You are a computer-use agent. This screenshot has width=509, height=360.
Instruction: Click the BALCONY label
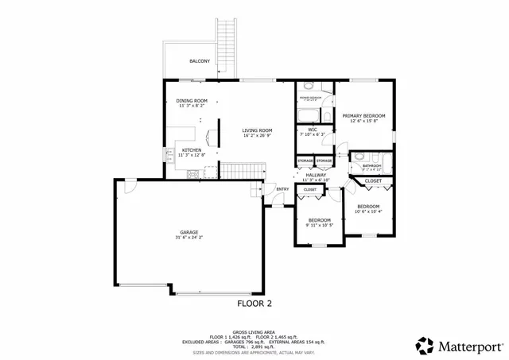tap(200, 61)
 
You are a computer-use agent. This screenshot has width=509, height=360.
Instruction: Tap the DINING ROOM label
tap(192, 101)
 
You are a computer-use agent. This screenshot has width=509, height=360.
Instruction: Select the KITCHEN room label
tap(191, 149)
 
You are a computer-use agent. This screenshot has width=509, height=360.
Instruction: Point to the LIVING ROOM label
tap(258, 130)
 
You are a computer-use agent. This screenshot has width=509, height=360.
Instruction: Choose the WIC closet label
tap(313, 129)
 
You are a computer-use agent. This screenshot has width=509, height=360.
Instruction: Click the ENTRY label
tap(282, 188)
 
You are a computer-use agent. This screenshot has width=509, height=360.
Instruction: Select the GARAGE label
tap(188, 232)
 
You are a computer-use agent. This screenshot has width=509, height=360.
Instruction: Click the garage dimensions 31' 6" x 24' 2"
tap(188, 238)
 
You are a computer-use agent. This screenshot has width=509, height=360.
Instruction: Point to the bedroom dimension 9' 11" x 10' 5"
tap(319, 225)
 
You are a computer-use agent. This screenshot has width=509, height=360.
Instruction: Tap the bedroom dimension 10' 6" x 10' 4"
tap(368, 211)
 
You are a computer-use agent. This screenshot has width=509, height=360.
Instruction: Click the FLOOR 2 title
tap(254, 303)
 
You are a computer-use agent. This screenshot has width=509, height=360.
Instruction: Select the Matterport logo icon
tap(425, 346)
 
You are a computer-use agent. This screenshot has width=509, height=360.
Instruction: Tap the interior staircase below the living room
tap(241, 170)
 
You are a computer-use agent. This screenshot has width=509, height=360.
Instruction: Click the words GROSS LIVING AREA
tap(254, 332)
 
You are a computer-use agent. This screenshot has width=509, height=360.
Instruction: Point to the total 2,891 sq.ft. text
tap(254, 346)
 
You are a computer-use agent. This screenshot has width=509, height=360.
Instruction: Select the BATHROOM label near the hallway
tap(372, 165)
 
